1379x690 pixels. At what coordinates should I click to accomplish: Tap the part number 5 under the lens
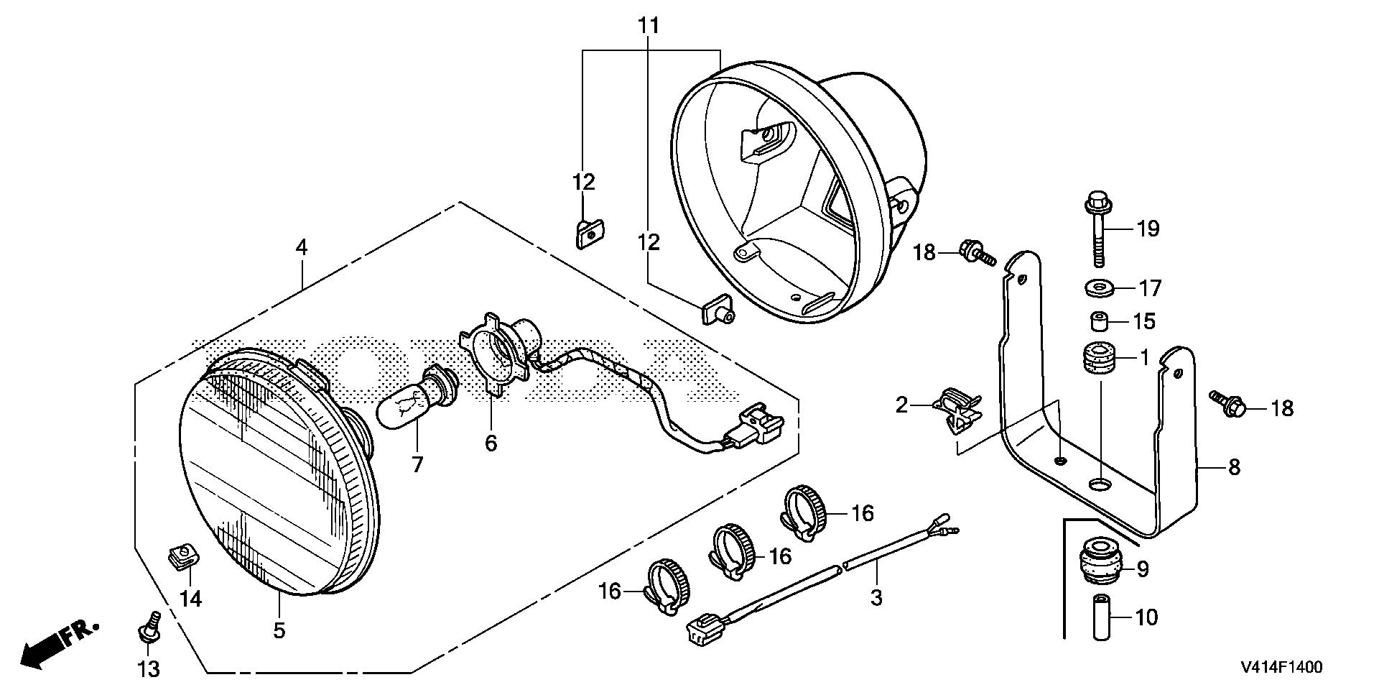pyautogui.click(x=279, y=631)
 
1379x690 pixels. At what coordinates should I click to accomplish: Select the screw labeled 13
pyautogui.click(x=148, y=628)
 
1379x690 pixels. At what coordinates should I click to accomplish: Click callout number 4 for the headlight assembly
pyautogui.click(x=302, y=248)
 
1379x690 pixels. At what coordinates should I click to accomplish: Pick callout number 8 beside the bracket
pyautogui.click(x=1234, y=467)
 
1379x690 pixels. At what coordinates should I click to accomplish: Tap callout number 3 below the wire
pyautogui.click(x=876, y=597)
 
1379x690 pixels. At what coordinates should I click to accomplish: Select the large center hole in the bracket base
pyautogui.click(x=1098, y=484)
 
